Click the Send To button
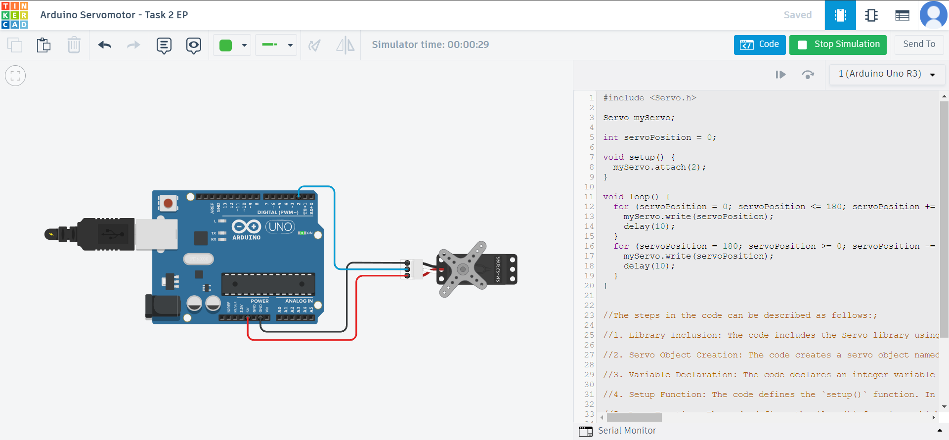(x=919, y=44)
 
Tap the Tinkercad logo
(x=15, y=15)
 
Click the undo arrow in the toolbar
(x=105, y=45)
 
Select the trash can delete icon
(x=74, y=45)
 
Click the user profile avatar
(x=933, y=15)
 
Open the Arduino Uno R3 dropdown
(x=887, y=74)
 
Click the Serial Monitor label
(x=627, y=431)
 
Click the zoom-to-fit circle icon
(x=15, y=76)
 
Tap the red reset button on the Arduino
(x=168, y=203)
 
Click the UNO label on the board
(x=280, y=227)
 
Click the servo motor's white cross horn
(x=463, y=269)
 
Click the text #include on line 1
(x=623, y=98)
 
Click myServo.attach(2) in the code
(x=659, y=167)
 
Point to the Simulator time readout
(x=430, y=44)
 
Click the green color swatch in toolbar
(x=226, y=45)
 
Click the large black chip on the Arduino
(x=268, y=284)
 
